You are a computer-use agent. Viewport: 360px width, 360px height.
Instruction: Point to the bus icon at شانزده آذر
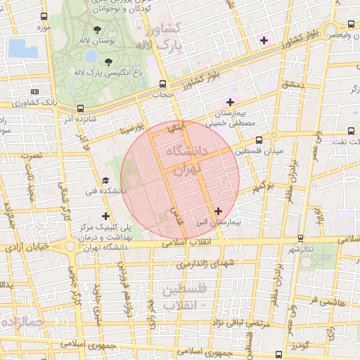pos(81,109)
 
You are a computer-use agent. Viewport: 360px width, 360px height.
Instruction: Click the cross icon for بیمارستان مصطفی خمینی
pos(230,103)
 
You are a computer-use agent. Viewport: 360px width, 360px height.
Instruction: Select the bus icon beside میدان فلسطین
pos(259,140)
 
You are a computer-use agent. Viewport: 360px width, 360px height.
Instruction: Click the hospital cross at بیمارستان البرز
pos(218,210)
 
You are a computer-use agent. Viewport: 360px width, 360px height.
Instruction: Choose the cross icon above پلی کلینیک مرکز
pos(105,216)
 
